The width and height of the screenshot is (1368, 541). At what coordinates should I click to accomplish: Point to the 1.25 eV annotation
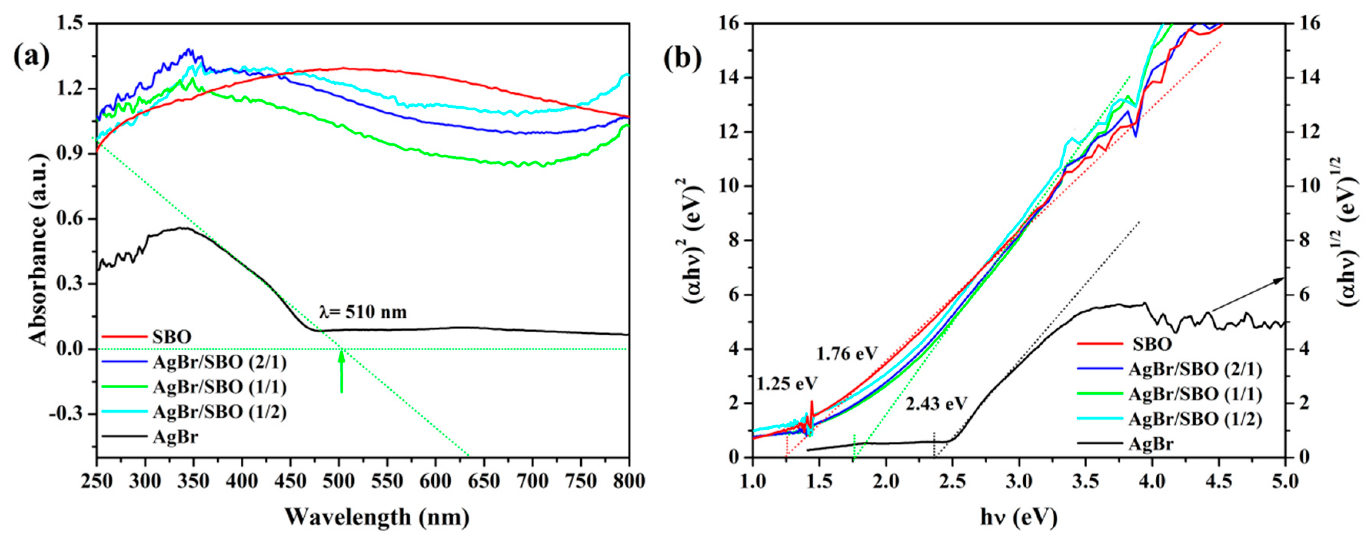[x=787, y=383]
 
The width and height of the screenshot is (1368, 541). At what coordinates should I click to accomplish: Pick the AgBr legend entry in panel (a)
[x=175, y=437]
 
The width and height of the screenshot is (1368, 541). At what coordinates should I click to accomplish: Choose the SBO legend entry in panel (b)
[x=1152, y=344]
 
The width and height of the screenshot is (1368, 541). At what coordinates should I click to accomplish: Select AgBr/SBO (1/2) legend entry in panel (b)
[x=1195, y=419]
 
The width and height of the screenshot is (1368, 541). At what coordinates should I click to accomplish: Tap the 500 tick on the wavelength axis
[x=339, y=481]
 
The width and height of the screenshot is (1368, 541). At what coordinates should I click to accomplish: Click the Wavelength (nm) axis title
[x=377, y=517]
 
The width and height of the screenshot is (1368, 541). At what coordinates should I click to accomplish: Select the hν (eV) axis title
[x=1018, y=517]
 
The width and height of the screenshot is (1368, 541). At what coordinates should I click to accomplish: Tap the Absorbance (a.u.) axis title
[x=40, y=239]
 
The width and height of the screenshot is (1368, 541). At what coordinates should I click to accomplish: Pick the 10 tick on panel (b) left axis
[x=733, y=186]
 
